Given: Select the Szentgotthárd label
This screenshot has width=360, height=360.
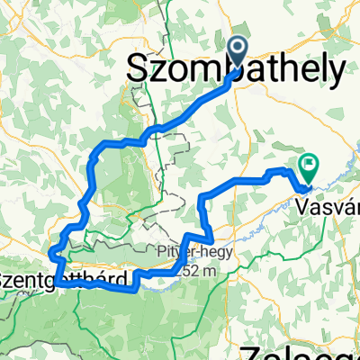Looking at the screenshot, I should tap(63, 280).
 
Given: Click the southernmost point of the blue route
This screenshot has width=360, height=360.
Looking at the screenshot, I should tap(133, 291).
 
